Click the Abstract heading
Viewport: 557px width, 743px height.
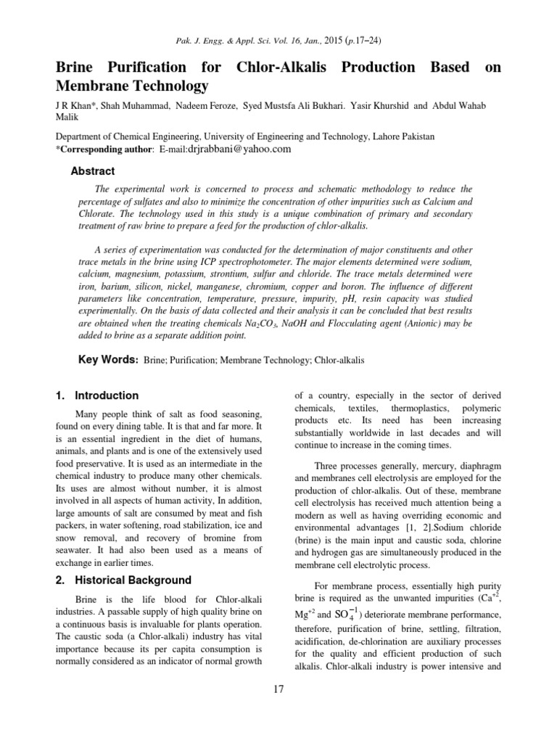point(92,171)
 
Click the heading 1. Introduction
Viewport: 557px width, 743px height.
point(97,395)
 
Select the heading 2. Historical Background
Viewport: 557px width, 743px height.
point(123,580)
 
